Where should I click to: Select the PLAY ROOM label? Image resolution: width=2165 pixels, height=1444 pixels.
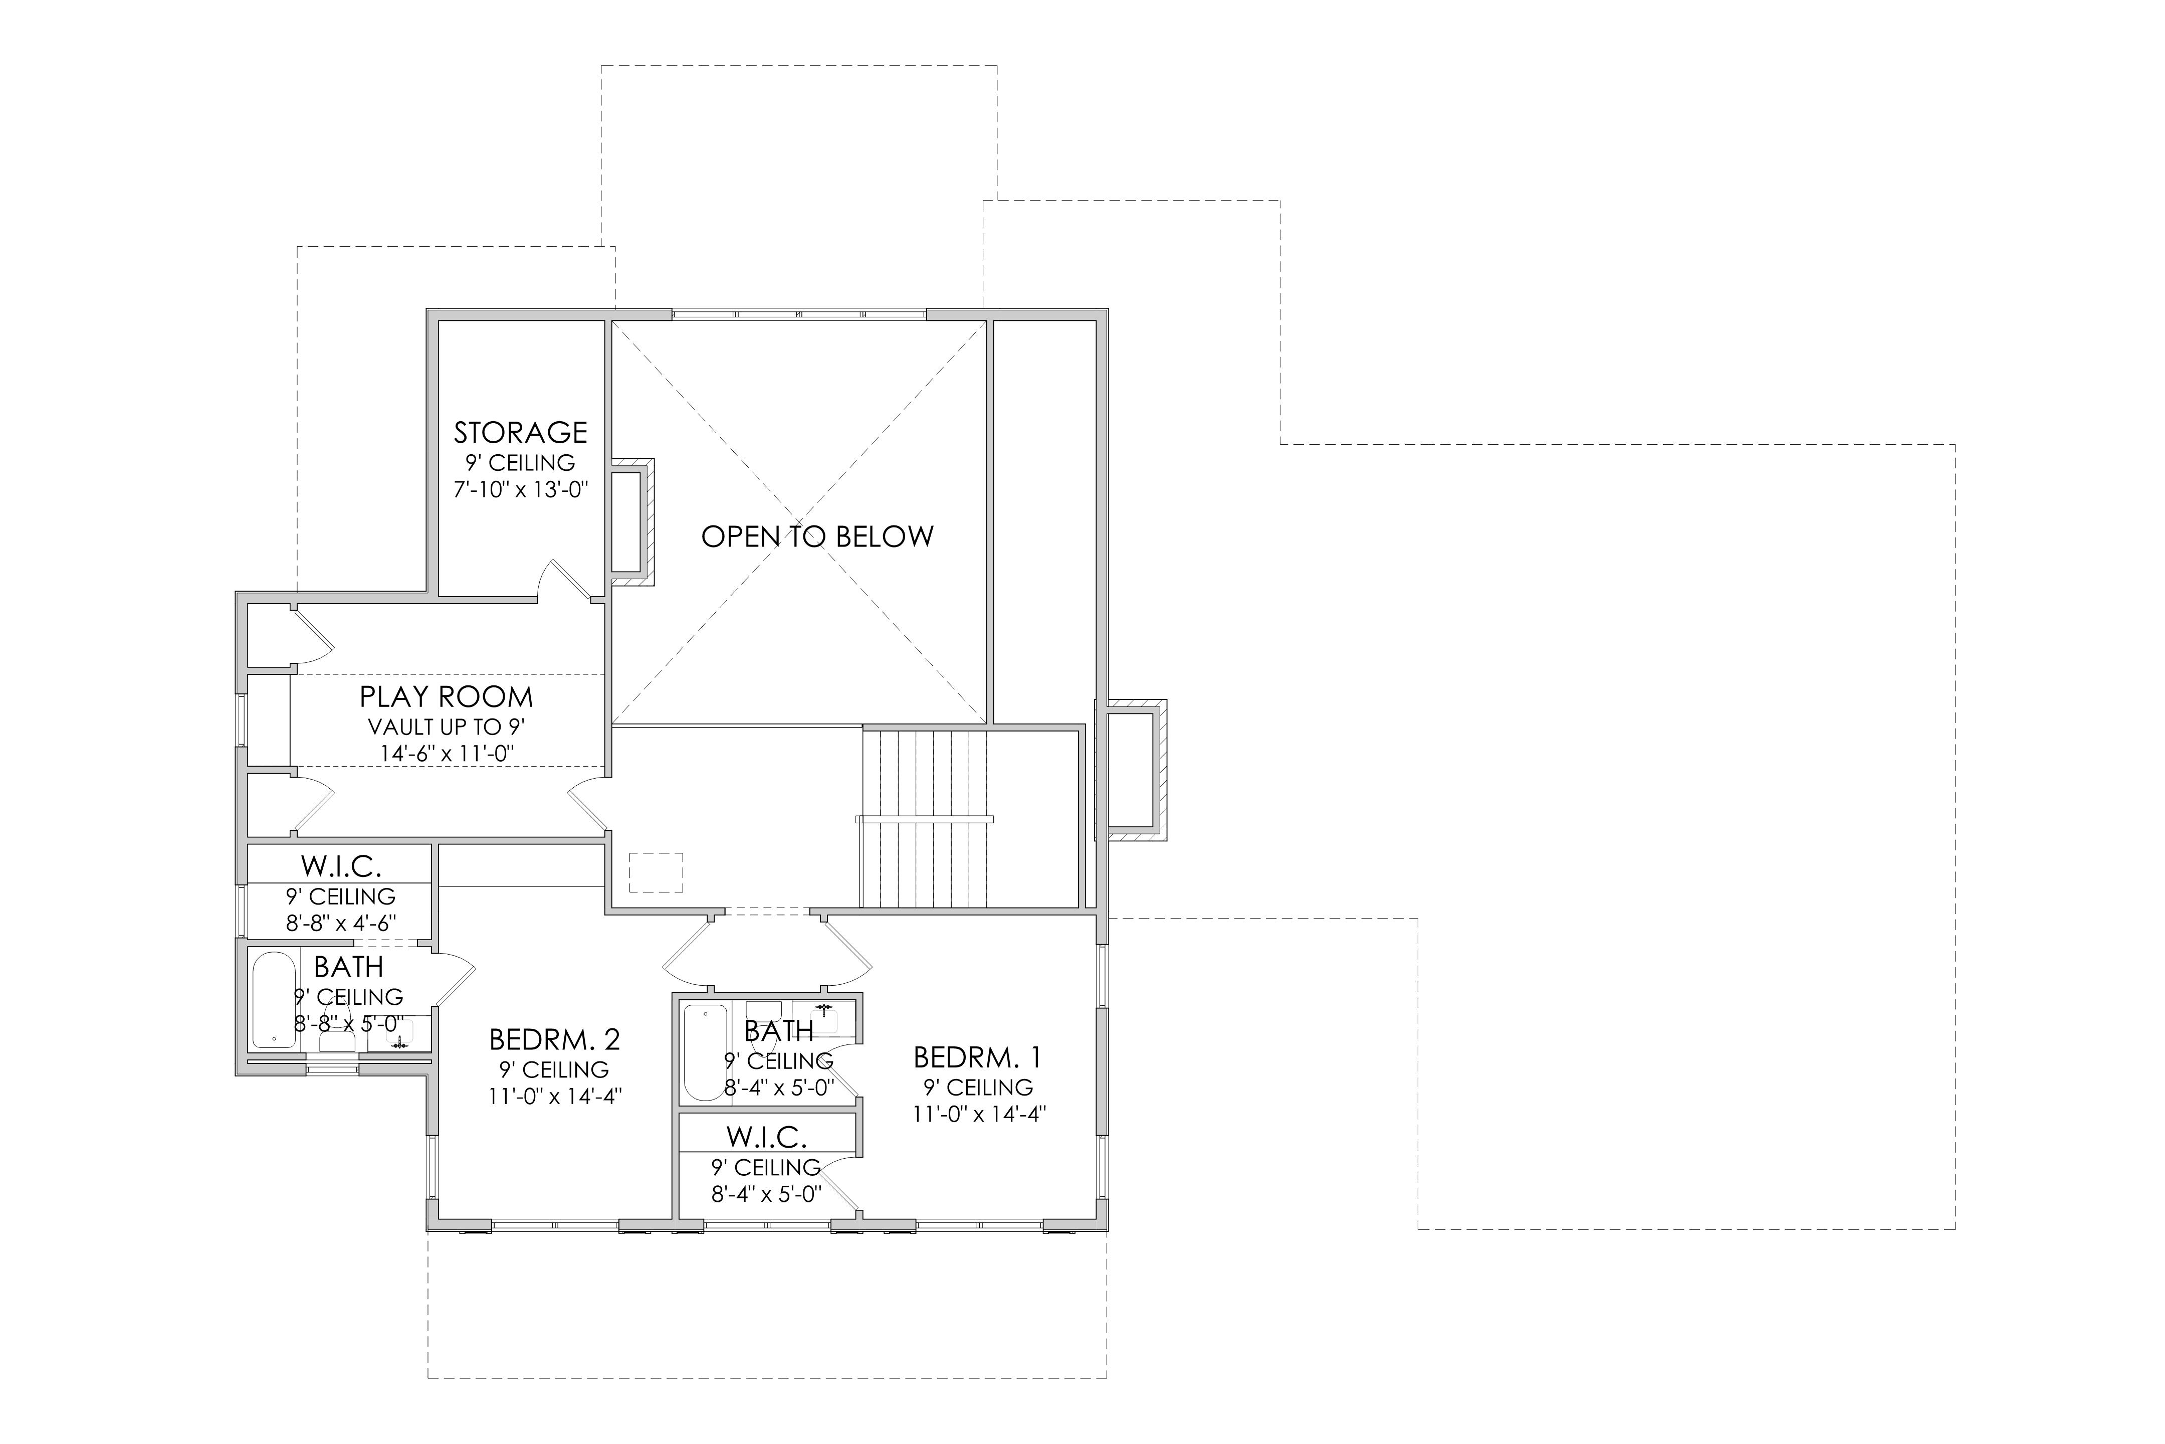coord(447,696)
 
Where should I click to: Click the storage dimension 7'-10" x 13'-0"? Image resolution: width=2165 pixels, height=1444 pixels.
coord(521,489)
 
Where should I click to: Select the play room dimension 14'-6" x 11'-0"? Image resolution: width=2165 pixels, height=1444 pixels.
coord(447,753)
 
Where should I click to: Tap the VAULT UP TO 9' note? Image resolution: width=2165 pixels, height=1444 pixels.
coord(447,727)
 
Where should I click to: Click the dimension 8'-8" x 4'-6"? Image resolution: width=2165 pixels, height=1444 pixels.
coord(341,923)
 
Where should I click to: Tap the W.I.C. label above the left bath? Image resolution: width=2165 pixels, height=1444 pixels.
coord(341,866)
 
